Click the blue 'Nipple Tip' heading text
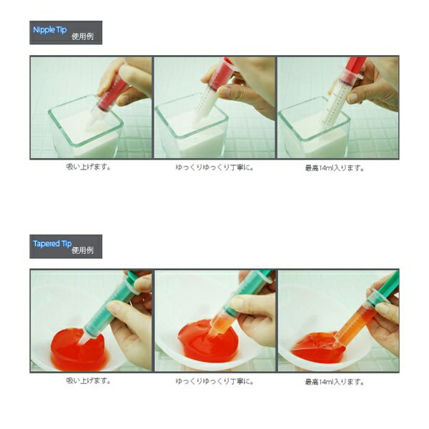[50, 30]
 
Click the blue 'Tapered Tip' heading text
[52, 244]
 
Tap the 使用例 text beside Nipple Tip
[83, 36]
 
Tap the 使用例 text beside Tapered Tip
[83, 250]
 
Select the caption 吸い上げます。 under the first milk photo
[89, 167]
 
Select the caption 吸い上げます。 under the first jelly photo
[89, 380]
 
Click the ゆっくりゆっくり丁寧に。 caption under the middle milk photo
[214, 167]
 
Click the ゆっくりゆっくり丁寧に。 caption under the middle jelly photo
[214, 381]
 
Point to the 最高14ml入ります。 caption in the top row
[335, 168]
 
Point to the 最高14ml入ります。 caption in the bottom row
[335, 382]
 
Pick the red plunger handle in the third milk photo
[355, 66]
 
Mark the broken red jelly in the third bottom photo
[317, 347]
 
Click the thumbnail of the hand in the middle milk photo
[224, 91]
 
